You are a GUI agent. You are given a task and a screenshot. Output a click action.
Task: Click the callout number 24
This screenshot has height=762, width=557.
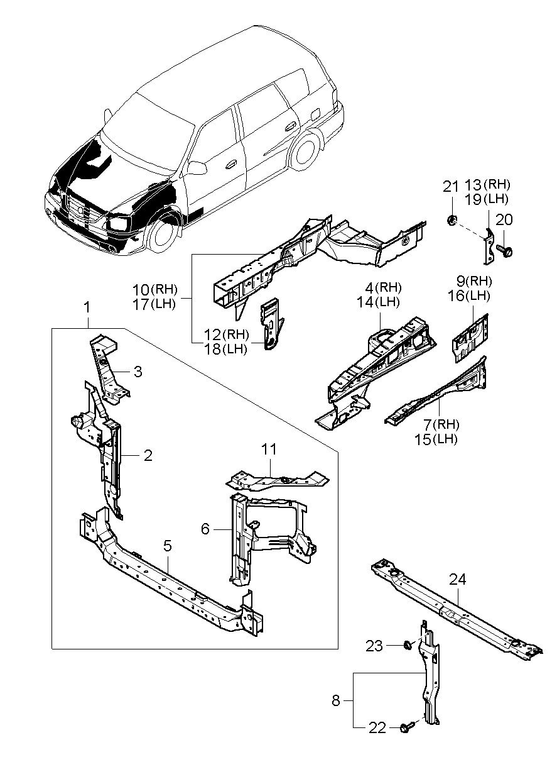click(x=458, y=580)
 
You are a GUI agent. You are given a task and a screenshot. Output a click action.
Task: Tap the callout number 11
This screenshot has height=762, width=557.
click(x=269, y=450)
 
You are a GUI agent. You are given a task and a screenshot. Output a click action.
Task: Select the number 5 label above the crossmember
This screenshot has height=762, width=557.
click(x=168, y=546)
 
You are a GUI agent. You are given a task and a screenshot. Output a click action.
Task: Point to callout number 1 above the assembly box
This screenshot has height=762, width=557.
click(x=87, y=307)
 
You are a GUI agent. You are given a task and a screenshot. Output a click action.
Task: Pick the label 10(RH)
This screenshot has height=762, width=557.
click(x=155, y=290)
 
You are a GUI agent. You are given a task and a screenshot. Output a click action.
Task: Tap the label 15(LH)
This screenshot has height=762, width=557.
click(x=436, y=439)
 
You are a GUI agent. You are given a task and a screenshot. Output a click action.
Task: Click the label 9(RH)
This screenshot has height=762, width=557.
click(x=472, y=280)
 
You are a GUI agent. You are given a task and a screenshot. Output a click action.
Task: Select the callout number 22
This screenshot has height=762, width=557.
click(x=377, y=727)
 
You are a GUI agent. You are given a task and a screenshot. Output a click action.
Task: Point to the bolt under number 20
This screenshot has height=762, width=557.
click(x=505, y=250)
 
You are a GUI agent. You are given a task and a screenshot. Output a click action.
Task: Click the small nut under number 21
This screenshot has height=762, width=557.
click(x=452, y=220)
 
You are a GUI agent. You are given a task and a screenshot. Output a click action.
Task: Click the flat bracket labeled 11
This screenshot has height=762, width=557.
click(x=276, y=481)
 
